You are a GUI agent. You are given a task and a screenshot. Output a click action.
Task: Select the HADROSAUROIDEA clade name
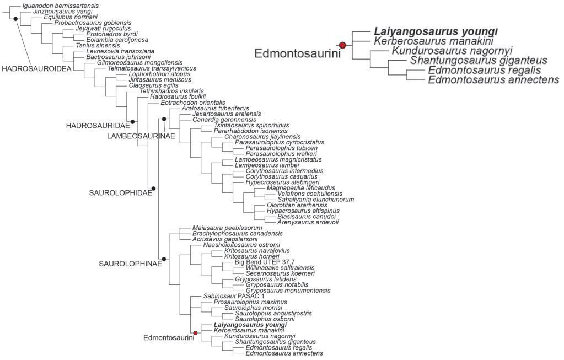tap(35, 69)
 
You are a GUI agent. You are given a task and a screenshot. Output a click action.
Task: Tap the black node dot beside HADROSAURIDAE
tap(132, 120)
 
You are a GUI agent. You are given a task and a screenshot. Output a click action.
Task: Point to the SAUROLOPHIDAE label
tap(120, 192)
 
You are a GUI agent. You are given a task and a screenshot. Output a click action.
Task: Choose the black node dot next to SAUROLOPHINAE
tap(164, 259)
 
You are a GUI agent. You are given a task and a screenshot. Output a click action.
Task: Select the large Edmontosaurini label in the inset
tap(296, 53)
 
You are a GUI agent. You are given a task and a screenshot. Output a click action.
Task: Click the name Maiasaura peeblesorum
tap(227, 228)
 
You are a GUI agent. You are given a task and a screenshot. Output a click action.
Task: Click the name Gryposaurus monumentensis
tap(288, 290)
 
